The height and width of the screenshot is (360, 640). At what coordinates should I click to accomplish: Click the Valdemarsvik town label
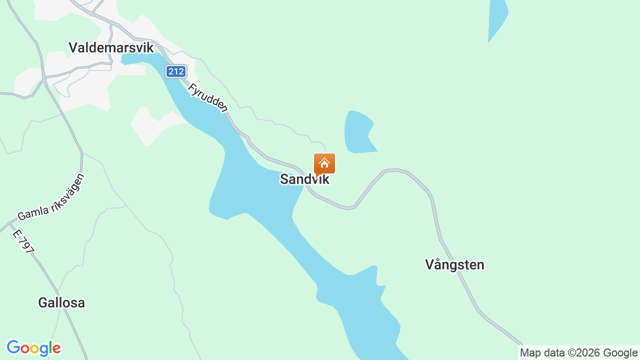point(111,48)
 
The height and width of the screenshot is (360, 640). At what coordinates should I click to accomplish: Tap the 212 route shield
point(176,71)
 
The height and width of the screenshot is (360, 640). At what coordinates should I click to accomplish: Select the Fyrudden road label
point(208,97)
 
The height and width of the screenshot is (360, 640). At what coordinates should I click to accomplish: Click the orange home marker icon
point(324,163)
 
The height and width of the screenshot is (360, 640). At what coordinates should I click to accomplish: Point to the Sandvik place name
point(304,179)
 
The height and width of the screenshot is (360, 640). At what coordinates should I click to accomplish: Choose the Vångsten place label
point(454,264)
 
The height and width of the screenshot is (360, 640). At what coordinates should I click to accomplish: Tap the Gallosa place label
point(61,302)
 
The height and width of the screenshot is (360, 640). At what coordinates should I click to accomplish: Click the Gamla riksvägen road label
point(51,197)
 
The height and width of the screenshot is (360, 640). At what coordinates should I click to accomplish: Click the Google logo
point(34,348)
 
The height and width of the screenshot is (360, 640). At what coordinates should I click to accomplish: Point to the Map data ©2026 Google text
point(578,353)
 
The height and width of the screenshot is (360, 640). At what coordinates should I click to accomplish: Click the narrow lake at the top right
point(497,20)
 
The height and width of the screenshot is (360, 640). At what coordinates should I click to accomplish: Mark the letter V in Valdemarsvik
point(73,48)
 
